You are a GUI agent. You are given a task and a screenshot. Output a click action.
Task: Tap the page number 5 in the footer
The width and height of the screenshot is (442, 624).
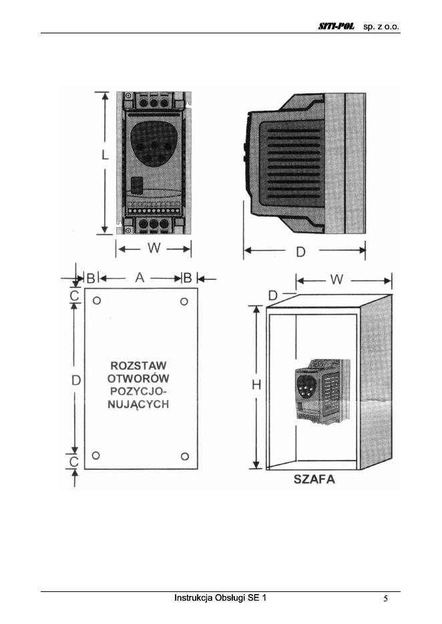point(386,598)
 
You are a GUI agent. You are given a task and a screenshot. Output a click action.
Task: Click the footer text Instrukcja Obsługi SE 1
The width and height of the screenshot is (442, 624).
point(220,597)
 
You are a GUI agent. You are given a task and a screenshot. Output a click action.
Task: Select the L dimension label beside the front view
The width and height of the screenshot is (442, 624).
point(105,156)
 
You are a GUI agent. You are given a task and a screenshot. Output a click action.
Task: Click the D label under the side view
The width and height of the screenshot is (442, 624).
point(302,251)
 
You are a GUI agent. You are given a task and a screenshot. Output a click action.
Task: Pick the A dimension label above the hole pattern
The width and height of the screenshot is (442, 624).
point(140,278)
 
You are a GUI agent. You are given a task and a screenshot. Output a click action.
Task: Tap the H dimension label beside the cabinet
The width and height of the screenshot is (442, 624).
point(256,385)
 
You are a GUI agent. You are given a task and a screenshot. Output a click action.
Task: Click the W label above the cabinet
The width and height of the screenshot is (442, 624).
point(337,280)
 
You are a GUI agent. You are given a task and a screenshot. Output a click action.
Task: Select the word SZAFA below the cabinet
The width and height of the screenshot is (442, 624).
point(314,479)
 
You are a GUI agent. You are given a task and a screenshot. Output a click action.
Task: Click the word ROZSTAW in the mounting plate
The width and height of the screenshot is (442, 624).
point(138,366)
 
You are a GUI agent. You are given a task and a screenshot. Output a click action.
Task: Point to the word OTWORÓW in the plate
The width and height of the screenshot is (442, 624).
point(139,379)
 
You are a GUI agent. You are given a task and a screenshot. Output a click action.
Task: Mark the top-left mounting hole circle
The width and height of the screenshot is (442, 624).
point(97,301)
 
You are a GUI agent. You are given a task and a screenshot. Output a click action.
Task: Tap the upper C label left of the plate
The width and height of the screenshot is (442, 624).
point(75,294)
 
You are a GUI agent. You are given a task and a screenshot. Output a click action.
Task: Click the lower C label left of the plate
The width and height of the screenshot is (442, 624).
point(75,461)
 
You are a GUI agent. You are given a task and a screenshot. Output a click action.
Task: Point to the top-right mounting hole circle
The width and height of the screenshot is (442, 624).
point(185,302)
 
